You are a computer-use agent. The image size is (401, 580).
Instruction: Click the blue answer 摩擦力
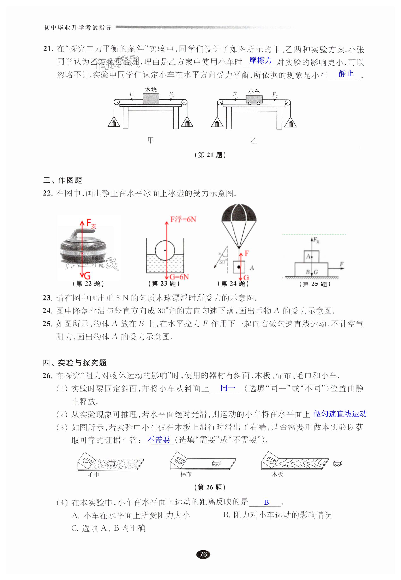click(260, 61)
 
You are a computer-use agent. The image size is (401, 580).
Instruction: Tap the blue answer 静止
click(346, 74)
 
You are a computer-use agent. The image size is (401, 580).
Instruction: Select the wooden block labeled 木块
click(151, 99)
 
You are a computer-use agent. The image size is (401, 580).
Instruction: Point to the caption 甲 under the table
click(150, 140)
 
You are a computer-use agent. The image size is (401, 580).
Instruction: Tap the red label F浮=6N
click(183, 219)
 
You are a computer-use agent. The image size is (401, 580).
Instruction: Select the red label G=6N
click(179, 277)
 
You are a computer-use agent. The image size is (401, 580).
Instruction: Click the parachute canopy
click(239, 214)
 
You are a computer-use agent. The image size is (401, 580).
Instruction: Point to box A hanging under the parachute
click(239, 267)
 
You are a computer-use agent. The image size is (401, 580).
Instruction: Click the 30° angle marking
click(222, 262)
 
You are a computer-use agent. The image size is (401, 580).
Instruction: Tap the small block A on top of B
click(311, 256)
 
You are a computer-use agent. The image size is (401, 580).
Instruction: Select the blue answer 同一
click(228, 388)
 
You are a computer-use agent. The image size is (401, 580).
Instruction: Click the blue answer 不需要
click(158, 440)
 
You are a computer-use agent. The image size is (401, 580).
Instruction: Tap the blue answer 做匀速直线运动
click(340, 414)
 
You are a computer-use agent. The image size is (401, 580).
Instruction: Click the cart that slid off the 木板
click(338, 464)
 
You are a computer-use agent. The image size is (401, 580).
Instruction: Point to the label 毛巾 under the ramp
click(94, 474)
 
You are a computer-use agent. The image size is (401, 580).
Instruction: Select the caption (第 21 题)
click(210, 155)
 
